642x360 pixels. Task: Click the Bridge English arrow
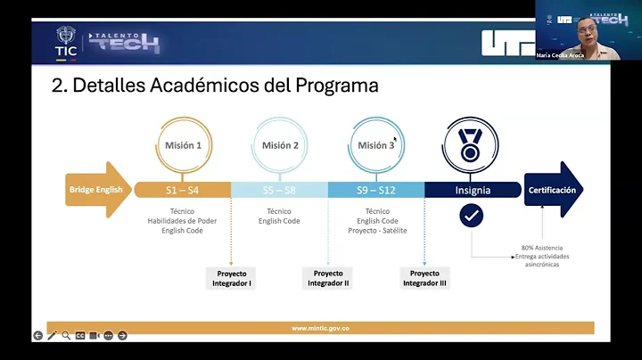(x=96, y=189)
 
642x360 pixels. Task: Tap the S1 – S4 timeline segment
(x=182, y=190)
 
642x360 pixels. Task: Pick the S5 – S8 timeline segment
(x=279, y=190)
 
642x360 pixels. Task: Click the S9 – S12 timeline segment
(x=375, y=190)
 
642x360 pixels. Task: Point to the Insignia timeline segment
(x=472, y=190)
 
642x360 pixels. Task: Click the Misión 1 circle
(x=183, y=145)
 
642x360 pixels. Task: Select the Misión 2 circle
(x=279, y=145)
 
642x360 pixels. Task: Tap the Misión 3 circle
(x=375, y=145)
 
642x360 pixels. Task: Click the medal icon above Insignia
(x=472, y=145)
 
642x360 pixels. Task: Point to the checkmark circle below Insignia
(x=472, y=216)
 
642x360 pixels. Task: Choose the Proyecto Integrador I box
(x=231, y=278)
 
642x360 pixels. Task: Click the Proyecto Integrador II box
(x=327, y=278)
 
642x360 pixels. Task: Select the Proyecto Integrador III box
(x=424, y=278)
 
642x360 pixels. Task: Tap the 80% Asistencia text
(x=542, y=248)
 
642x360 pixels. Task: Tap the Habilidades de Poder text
(x=183, y=220)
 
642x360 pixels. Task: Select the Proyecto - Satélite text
(x=375, y=230)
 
